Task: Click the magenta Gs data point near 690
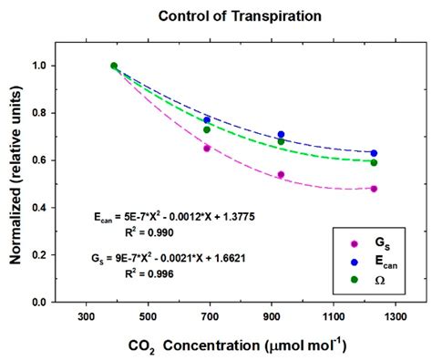pos(207,148)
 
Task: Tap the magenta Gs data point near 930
pos(281,174)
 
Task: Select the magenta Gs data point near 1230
pos(374,189)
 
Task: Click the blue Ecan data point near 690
pos(207,119)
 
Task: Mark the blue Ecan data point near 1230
pos(374,153)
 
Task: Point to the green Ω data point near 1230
pos(374,162)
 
